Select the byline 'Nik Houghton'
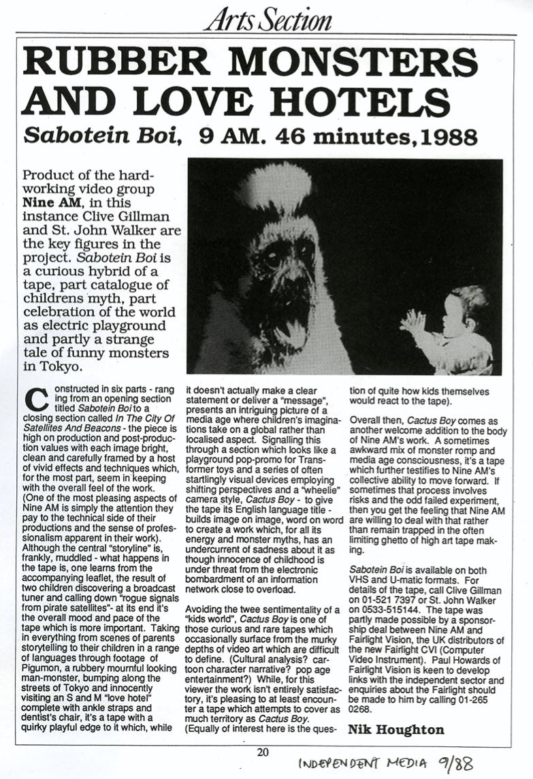tap(396, 729)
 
